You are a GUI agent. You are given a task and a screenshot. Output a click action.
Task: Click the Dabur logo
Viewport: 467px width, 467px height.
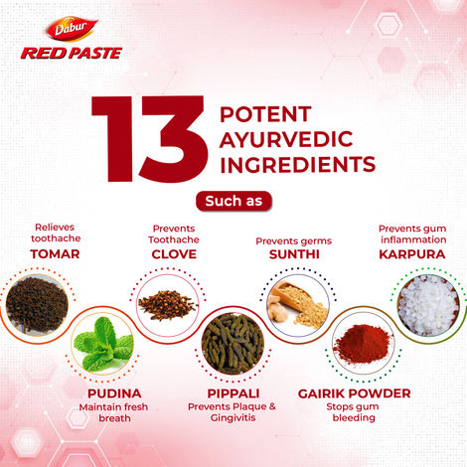[x=72, y=29]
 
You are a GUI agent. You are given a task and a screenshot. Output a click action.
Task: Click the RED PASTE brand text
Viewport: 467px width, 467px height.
[x=72, y=53]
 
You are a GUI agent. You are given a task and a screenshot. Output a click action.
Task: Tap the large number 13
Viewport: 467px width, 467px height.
[x=150, y=139]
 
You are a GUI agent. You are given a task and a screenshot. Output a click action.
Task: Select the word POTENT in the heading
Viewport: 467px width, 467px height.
[x=265, y=114]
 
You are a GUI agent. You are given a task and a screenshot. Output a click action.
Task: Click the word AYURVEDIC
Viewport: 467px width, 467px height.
[x=286, y=139]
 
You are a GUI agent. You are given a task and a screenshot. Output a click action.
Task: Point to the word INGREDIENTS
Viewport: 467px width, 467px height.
[x=298, y=165]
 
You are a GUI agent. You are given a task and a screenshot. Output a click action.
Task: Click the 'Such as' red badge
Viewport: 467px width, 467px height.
[x=233, y=201]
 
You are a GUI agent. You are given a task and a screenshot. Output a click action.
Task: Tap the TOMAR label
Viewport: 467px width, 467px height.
[x=55, y=254]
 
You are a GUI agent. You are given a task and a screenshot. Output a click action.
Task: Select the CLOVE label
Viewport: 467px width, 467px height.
[x=174, y=254]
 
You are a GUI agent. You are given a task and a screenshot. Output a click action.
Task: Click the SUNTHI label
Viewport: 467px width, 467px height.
[x=294, y=254]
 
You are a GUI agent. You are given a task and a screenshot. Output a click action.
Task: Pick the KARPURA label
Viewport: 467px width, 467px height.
[x=412, y=254]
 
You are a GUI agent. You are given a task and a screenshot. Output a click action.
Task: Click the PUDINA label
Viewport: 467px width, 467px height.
[x=114, y=393]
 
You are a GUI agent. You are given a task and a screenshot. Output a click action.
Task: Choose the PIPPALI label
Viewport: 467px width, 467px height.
[x=233, y=393]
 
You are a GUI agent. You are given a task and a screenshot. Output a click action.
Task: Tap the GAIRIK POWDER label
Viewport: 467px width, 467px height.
[x=354, y=393]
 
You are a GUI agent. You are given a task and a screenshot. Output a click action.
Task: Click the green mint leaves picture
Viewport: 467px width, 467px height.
[x=103, y=343]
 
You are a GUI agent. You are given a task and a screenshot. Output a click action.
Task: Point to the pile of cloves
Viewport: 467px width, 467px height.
[x=168, y=305]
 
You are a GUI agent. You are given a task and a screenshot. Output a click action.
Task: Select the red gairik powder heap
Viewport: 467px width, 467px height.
[x=363, y=344]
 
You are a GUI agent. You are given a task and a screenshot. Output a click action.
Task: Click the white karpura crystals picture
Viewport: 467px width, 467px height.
[x=428, y=305]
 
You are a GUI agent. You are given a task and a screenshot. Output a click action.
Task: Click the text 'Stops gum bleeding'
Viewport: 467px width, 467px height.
[x=353, y=412]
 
